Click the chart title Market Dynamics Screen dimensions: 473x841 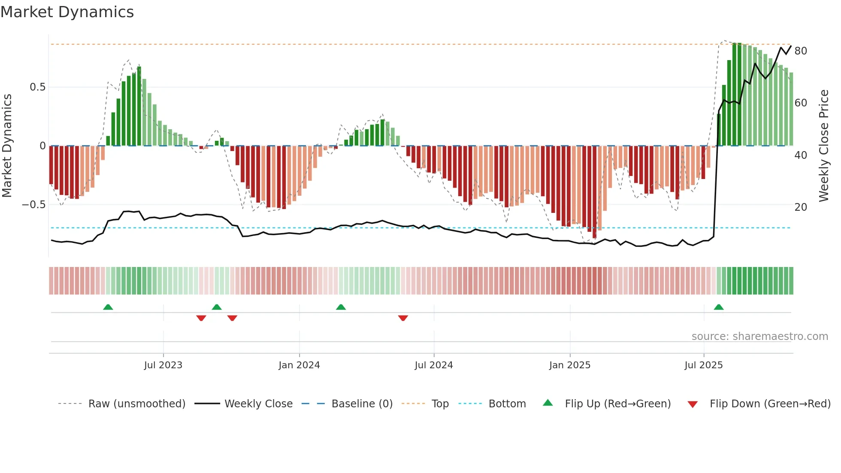pyautogui.click(x=67, y=12)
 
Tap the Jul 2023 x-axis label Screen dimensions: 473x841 pyautogui.click(x=163, y=365)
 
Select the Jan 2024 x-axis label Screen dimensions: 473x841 pyautogui.click(x=299, y=365)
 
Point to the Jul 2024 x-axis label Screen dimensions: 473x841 pyautogui.click(x=434, y=365)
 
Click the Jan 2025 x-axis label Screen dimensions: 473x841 pyautogui.click(x=570, y=365)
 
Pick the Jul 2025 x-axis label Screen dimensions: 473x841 pyautogui.click(x=704, y=365)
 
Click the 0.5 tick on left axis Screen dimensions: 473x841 pyautogui.click(x=37, y=87)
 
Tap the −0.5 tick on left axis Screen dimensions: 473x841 pyautogui.click(x=34, y=205)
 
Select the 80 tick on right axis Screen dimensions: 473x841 pyautogui.click(x=801, y=51)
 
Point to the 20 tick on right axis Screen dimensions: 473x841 pyautogui.click(x=801, y=207)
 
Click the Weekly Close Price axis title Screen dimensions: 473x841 pyautogui.click(x=824, y=146)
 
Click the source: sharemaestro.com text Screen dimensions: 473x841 pyautogui.click(x=759, y=337)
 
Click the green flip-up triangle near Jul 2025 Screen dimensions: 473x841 pyautogui.click(x=719, y=307)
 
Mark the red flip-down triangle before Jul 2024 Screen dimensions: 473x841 pyautogui.click(x=403, y=318)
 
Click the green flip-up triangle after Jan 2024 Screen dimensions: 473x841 pyautogui.click(x=341, y=307)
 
